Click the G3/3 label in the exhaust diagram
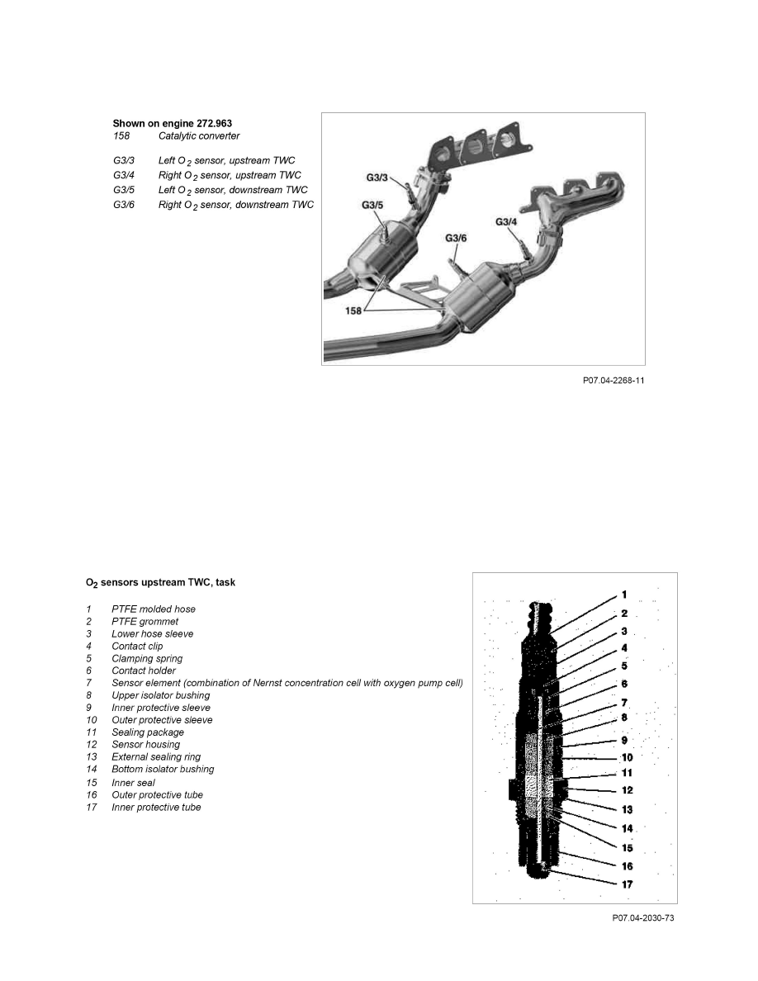point(377,177)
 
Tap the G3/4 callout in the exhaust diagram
point(506,221)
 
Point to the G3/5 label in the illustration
point(372,206)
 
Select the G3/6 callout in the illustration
point(456,238)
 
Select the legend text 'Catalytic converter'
point(199,135)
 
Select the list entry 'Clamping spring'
point(147,659)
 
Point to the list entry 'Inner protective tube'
point(156,807)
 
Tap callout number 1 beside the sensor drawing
point(624,595)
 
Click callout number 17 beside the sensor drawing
point(628,884)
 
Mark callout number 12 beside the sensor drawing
point(628,790)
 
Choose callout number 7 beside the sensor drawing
point(625,702)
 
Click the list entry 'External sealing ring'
point(156,756)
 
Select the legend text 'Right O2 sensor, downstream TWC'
point(235,204)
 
